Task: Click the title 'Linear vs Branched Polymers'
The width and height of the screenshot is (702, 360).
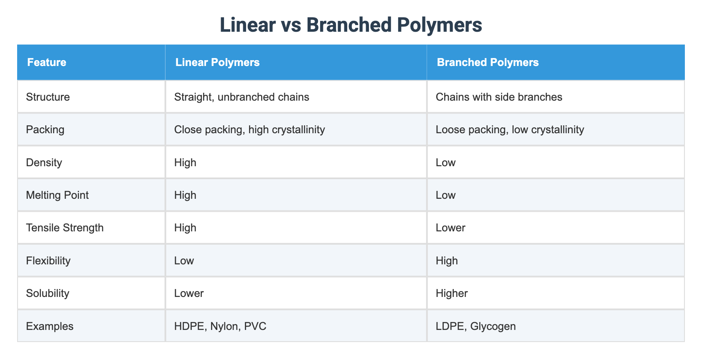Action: point(351,25)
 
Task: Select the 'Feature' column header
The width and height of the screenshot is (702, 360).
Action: point(47,63)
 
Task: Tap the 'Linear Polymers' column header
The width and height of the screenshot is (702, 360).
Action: point(217,63)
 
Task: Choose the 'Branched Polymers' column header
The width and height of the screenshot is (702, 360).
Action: point(488,63)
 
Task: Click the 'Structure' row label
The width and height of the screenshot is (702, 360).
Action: point(48,97)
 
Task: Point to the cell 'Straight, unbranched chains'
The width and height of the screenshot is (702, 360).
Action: point(242,97)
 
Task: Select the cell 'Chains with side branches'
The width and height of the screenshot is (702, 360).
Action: point(499,97)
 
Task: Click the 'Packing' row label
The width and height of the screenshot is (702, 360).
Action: point(45,129)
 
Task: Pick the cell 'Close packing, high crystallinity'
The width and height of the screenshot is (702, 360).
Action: point(249,129)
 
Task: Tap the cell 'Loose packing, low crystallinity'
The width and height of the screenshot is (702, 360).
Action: point(510,129)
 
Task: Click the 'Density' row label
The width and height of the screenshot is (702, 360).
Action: point(44,162)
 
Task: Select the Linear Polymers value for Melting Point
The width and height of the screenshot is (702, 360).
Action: point(185,195)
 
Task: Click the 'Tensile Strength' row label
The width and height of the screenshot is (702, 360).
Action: point(65,228)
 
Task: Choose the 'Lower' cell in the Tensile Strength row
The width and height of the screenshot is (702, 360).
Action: point(450,228)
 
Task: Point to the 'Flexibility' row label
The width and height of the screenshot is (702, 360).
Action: point(48,261)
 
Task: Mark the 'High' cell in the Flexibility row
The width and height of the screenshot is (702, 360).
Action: point(447,261)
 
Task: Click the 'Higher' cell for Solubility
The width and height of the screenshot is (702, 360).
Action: point(452,293)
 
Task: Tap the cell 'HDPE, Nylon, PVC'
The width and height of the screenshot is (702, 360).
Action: point(220,326)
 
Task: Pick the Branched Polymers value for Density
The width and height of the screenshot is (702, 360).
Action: point(445,162)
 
